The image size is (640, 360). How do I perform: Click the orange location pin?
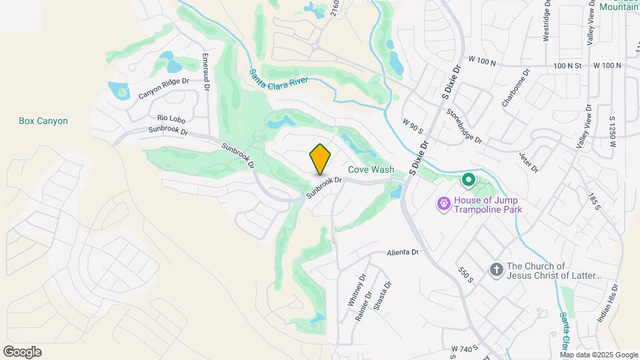(320, 159)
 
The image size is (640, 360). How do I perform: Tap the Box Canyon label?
(43, 121)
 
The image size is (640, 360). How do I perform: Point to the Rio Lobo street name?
(172, 118)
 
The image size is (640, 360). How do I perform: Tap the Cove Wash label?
(371, 170)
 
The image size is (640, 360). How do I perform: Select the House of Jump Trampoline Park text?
(488, 205)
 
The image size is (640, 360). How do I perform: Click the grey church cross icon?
(496, 269)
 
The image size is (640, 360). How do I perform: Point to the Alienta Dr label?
(403, 252)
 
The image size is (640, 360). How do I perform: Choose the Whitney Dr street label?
(353, 289)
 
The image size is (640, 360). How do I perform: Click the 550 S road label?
(465, 275)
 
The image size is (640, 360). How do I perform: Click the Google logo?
(22, 352)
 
